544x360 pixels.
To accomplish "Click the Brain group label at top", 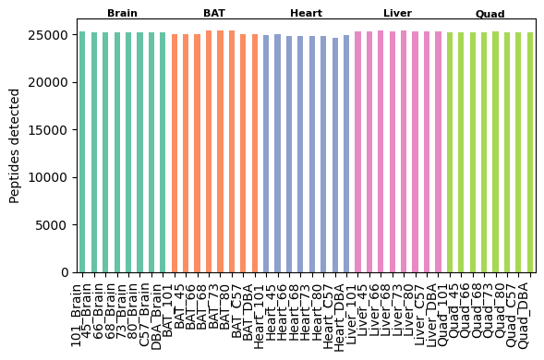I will pos(122,14).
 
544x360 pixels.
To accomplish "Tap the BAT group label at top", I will pos(214,14).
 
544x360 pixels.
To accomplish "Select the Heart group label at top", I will pos(306,14).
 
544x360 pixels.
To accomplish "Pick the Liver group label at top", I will pos(397,14).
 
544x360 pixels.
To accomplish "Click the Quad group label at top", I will pos(490,14).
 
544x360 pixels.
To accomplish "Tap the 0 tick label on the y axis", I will pos(64,272).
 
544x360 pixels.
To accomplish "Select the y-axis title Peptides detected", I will pos(15,145).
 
